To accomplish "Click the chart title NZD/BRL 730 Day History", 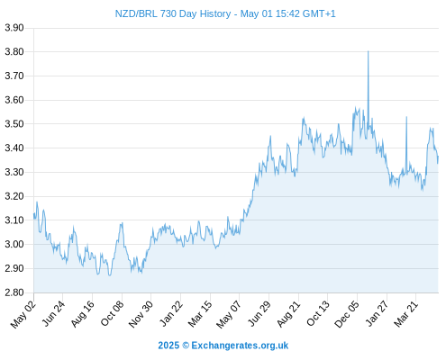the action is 173,13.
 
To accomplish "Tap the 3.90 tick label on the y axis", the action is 14,28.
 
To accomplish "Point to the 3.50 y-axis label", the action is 14,124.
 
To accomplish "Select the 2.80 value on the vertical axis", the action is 14,292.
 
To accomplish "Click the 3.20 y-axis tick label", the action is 14,196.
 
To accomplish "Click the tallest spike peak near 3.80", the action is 369,51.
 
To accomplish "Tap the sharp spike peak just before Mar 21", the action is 406,117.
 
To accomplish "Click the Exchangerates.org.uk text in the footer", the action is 240,346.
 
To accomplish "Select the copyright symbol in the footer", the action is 186,346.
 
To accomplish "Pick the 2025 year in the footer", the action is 168,346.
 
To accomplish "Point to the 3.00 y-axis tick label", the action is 14,244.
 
